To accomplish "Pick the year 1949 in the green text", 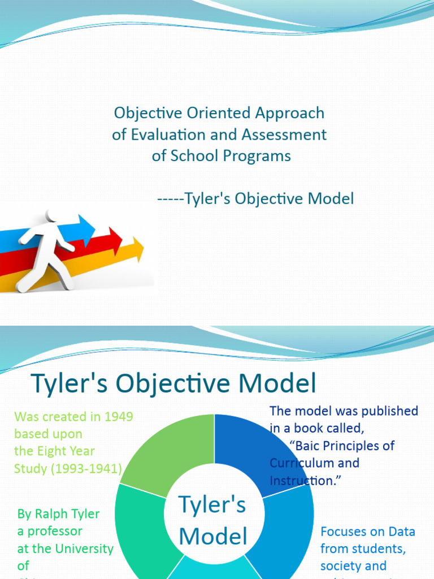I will coord(115,417).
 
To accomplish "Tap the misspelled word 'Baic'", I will coord(309,446).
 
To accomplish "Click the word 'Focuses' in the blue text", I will coord(345,532).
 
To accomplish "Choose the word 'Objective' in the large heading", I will coord(180,384).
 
